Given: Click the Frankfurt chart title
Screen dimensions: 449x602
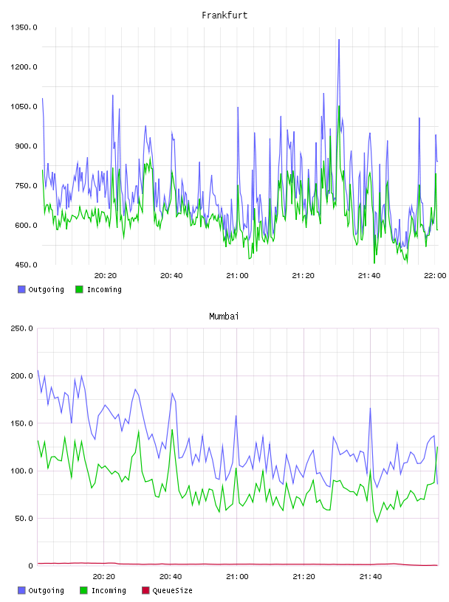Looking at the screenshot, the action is pos(224,15).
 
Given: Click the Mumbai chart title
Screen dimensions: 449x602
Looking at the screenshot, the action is pos(224,316).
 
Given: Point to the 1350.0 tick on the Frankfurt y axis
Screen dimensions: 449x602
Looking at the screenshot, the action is pos(24,27).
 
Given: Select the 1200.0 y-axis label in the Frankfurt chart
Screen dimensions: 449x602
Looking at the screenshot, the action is pos(24,67).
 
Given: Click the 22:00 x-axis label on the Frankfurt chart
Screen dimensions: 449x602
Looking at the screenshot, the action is pos(435,276).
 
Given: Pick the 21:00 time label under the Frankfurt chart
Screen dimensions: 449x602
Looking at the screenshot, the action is pos(237,276).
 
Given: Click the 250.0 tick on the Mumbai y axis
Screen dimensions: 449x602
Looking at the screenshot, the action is pos(21,328).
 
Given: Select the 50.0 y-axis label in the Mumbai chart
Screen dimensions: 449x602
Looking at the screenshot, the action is pos(24,519).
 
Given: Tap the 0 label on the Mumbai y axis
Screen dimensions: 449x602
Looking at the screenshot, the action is pos(31,566).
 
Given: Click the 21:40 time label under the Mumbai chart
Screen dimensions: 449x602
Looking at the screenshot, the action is pos(371,577).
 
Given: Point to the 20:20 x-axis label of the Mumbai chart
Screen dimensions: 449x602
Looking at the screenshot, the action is pos(104,577).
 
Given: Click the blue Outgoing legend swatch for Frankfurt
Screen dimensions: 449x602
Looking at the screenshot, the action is pos(21,289).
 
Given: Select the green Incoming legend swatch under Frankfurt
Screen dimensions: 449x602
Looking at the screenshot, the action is pos(79,289).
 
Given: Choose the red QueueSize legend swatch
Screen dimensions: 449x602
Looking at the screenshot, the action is pos(145,590).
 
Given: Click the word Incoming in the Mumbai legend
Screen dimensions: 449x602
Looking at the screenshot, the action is pos(109,590).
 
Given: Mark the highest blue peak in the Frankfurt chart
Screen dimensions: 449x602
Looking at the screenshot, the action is pos(339,40).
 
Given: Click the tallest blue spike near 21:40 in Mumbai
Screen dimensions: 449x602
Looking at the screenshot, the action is pos(370,409).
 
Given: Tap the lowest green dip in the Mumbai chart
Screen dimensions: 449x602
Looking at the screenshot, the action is pos(377,522).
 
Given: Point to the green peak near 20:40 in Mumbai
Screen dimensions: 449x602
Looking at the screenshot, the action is pos(172,430).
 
